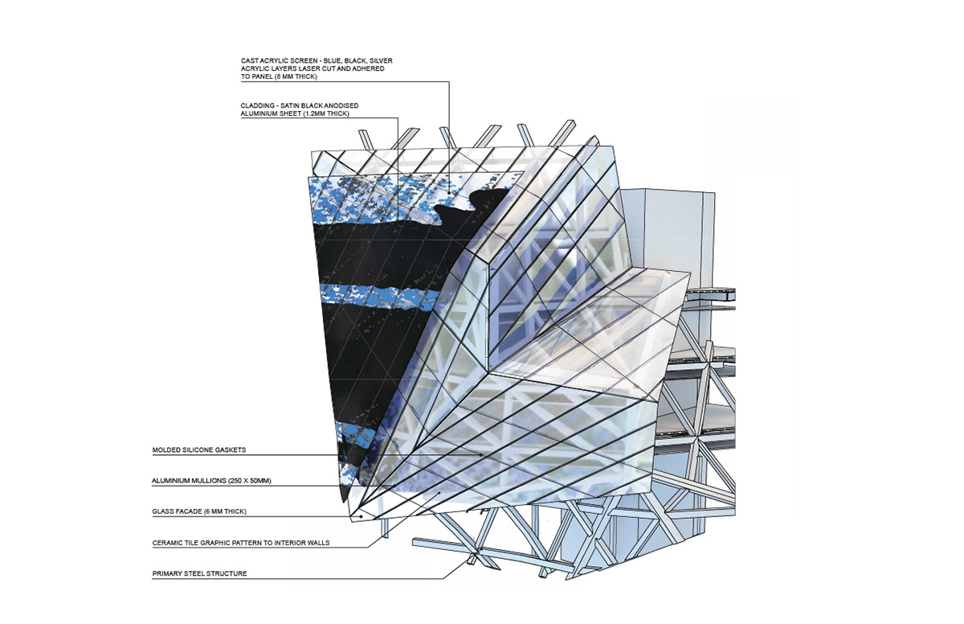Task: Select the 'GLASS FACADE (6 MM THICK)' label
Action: coord(198,511)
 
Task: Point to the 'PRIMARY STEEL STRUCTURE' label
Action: coord(198,574)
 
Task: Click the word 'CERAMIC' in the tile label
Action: coord(167,543)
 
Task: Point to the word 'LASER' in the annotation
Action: coord(313,69)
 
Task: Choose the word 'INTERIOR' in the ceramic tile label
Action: coord(289,543)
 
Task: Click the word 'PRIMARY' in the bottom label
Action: coord(167,574)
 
